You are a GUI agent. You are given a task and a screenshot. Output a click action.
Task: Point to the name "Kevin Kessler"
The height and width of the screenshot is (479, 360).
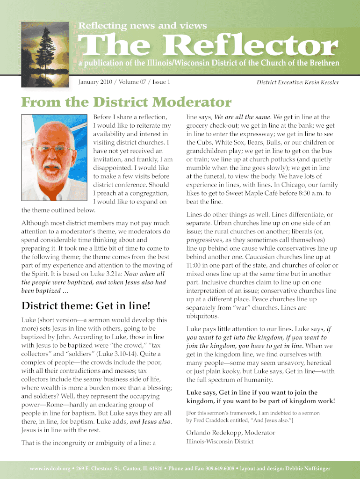click(322, 83)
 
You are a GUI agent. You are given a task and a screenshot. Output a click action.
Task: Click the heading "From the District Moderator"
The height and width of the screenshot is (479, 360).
click(126, 102)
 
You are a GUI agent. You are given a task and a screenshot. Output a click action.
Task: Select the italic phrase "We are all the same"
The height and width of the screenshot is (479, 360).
click(243, 117)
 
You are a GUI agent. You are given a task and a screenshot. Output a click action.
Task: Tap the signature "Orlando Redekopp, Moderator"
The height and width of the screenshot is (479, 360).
click(231, 432)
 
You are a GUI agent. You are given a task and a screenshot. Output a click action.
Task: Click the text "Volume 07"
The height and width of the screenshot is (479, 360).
click(136, 82)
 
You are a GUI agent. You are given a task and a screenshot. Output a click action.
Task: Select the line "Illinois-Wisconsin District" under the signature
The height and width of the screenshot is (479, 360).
click(220, 442)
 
